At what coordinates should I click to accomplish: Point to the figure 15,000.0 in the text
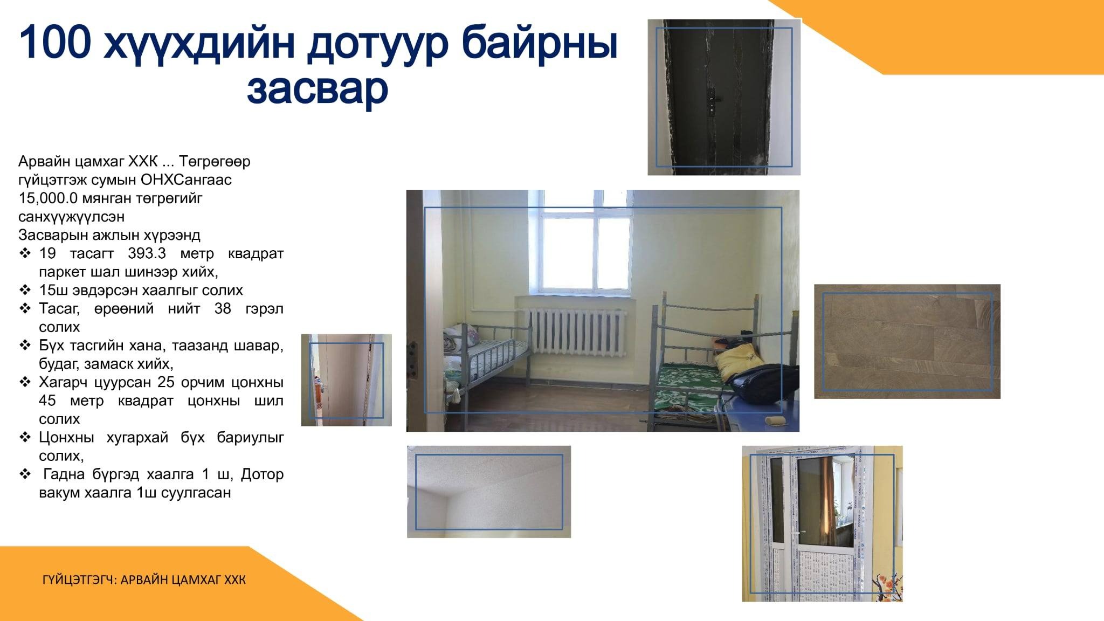[x=48, y=198]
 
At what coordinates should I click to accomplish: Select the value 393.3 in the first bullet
[x=147, y=253]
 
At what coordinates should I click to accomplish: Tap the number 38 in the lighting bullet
[x=223, y=309]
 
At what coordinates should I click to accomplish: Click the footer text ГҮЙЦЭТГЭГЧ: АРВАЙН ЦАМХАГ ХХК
[x=144, y=580]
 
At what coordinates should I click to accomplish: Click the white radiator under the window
[x=575, y=332]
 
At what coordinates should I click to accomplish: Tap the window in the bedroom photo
[x=586, y=242]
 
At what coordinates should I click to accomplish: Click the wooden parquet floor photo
[x=907, y=342]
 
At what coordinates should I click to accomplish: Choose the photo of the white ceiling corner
[x=489, y=492]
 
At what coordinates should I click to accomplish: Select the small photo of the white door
[x=346, y=380]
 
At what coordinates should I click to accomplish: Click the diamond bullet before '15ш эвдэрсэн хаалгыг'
[x=25, y=290]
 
